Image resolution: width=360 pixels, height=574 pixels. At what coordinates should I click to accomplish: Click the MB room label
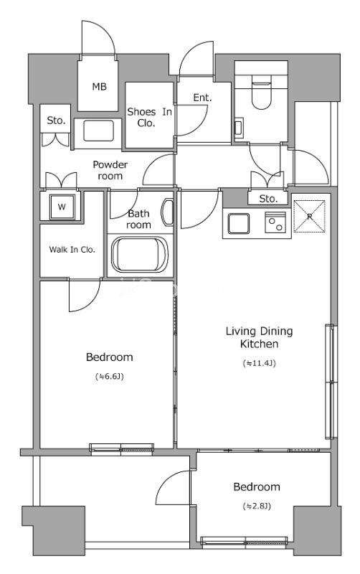coord(99,87)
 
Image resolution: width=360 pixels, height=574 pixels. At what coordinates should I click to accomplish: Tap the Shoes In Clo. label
coord(149,117)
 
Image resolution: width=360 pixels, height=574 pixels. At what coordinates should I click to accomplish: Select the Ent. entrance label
coord(202,98)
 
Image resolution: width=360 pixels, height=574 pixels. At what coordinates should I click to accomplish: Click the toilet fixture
coord(261,92)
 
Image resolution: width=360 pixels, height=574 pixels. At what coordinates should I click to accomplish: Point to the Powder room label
coord(110,170)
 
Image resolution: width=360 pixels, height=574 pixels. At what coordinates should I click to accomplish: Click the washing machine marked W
coord(62,207)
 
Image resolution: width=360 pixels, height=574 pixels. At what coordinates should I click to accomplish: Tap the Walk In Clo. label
coord(72,250)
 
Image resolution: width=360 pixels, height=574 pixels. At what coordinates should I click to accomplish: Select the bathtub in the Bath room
coord(139,255)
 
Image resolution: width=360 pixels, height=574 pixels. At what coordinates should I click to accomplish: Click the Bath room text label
coord(138,219)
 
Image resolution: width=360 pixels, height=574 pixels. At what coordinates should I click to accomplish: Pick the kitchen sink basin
coord(239,223)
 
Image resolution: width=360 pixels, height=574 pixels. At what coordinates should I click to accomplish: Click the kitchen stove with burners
coord(275,222)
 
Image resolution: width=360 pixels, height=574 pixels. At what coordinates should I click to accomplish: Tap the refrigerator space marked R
coord(310,216)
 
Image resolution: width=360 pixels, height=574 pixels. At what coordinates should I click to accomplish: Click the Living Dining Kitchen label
coord(260,337)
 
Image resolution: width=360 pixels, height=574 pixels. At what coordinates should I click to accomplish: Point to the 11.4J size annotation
coord(259,363)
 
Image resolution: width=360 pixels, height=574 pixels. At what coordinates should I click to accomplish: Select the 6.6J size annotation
coord(110,376)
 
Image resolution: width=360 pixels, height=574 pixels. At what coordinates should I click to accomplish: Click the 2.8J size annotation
coord(257,507)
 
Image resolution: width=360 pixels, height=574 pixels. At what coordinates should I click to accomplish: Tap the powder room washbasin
coord(98,131)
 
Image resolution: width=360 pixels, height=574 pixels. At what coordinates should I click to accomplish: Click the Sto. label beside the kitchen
coord(268,199)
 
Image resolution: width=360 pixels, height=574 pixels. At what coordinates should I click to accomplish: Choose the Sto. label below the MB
coord(56,121)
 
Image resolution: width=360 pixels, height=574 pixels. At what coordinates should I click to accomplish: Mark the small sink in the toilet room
coord(238,127)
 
